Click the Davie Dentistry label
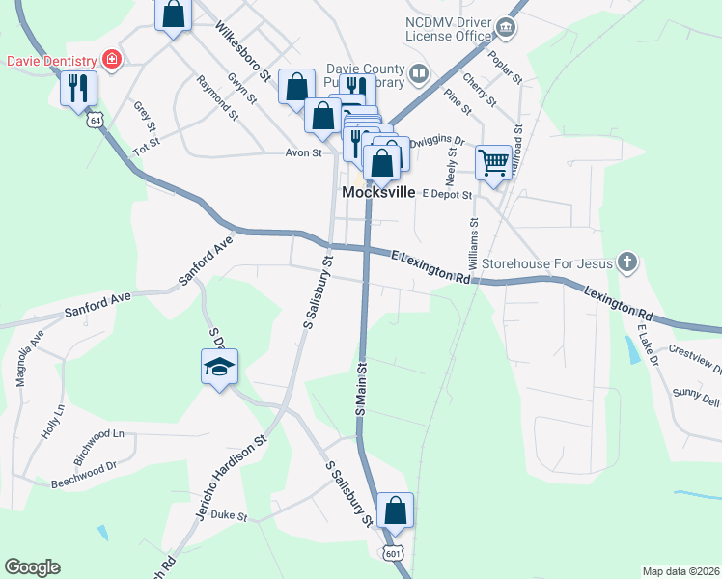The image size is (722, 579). coord(50,60)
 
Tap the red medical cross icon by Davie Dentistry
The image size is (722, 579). coord(113,60)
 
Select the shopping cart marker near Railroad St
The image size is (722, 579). coord(493,162)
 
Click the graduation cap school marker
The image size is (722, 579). coord(220,367)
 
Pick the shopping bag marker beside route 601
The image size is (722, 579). coord(396,510)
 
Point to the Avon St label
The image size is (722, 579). coord(302,152)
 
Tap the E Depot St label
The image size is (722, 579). coord(446,194)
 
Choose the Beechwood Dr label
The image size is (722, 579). coord(83,465)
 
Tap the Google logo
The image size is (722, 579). coord(32,567)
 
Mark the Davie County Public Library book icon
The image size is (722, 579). coord(418,72)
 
